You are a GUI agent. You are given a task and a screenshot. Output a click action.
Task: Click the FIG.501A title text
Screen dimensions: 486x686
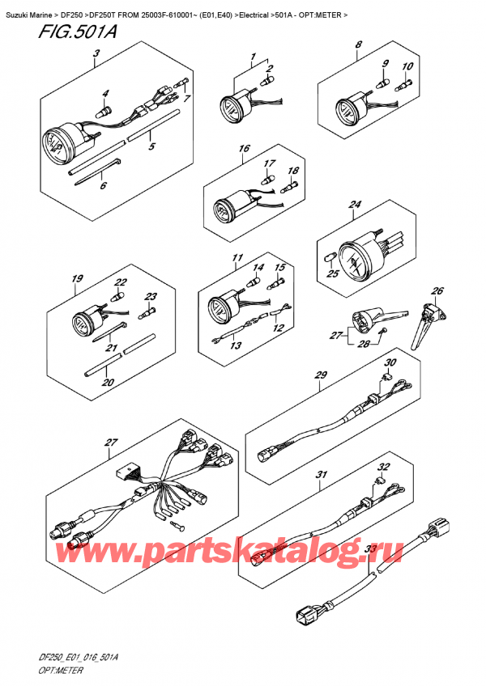click(x=77, y=32)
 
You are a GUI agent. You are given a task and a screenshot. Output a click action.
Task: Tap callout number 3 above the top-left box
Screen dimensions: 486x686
click(x=96, y=54)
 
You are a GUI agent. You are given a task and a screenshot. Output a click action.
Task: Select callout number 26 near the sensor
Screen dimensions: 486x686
click(x=437, y=290)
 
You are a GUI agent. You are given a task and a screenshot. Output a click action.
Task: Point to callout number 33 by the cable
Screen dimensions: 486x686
click(x=372, y=548)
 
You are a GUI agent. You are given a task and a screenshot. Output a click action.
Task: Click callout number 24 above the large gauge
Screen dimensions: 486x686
click(x=355, y=205)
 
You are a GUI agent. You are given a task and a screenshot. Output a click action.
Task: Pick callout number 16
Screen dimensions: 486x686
click(x=244, y=148)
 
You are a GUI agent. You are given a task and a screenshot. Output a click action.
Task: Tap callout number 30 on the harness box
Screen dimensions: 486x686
click(x=390, y=362)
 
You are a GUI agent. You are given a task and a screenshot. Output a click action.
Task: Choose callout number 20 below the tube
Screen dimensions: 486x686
click(x=108, y=382)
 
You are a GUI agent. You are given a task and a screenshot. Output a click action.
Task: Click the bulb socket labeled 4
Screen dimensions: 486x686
click(x=104, y=111)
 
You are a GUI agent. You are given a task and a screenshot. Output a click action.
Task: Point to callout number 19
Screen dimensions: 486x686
click(x=77, y=278)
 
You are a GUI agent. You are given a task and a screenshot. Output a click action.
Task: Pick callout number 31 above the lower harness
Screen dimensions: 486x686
click(x=322, y=474)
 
